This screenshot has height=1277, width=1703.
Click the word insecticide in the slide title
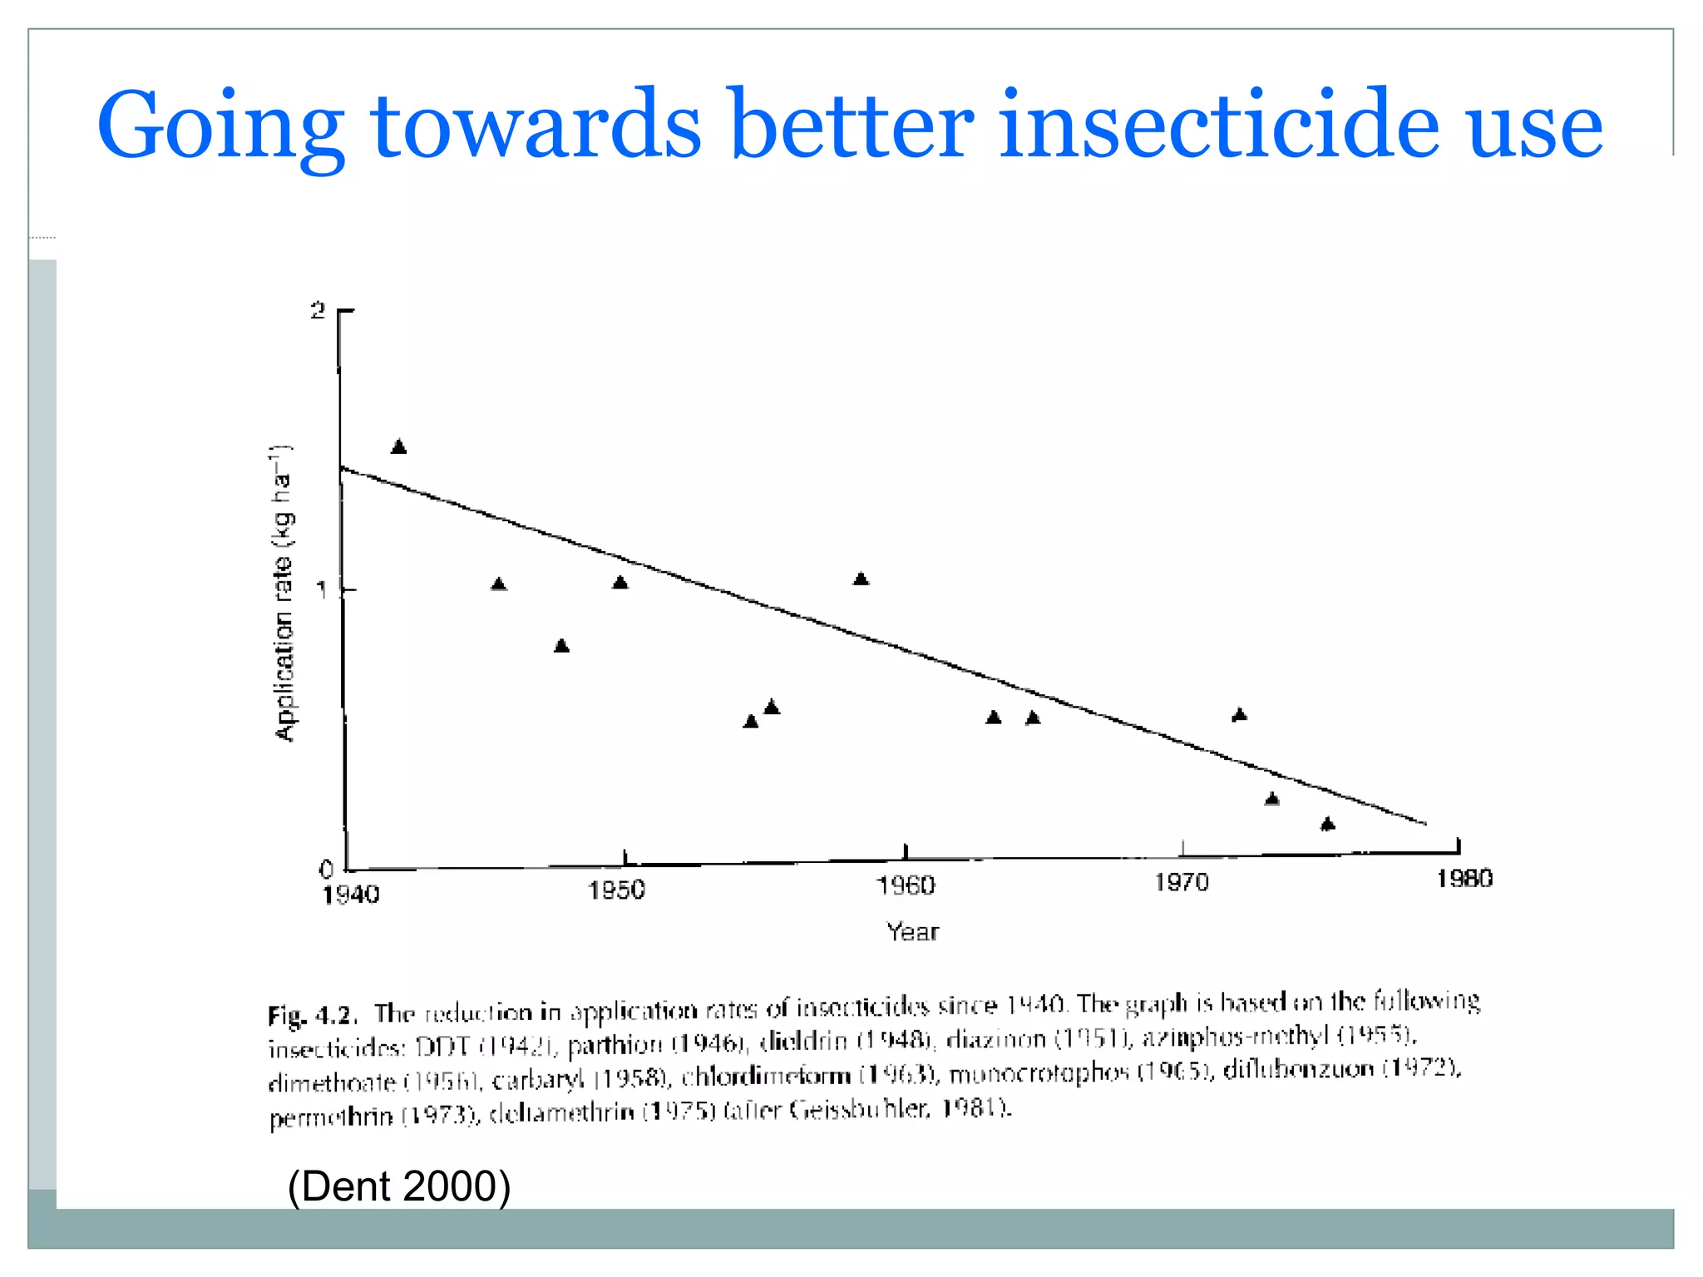pos(1218,125)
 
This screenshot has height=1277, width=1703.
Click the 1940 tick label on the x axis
pos(351,895)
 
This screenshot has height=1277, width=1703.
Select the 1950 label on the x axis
pos(616,890)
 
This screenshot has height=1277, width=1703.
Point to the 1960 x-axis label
pos(906,886)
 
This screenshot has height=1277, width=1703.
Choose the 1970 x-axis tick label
pos(1182,882)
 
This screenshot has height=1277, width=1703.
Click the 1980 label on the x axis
pos(1464,879)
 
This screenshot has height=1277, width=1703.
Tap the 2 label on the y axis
pos(318,311)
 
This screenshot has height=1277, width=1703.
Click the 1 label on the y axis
pos(321,590)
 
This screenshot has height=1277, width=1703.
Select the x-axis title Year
pos(912,932)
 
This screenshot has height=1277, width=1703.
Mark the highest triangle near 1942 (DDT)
pos(399,447)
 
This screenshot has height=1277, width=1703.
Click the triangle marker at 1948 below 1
pos(561,646)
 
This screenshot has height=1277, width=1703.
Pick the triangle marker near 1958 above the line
pos(861,579)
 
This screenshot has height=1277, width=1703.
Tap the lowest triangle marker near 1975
pos(1327,824)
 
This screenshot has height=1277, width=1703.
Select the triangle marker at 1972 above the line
pos(1239,714)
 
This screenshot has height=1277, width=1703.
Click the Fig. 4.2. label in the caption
pos(313,1015)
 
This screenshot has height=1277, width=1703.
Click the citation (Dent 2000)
pos(399,1186)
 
